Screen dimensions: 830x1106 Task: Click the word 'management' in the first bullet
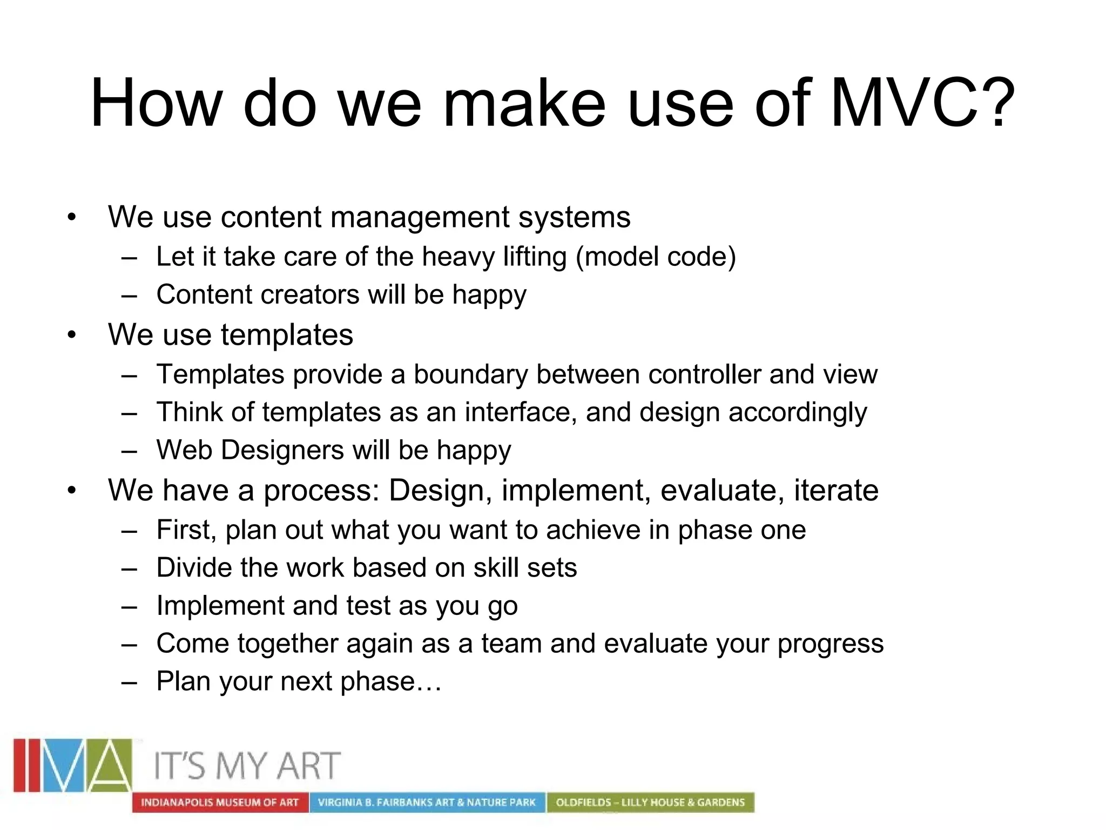coord(420,217)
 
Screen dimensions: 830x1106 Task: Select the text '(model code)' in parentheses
coord(656,257)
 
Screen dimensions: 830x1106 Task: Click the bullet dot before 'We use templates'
coord(72,336)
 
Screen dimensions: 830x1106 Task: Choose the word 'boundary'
coord(470,374)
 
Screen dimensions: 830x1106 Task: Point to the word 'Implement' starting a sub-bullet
coord(220,605)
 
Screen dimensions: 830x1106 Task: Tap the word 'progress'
coord(831,644)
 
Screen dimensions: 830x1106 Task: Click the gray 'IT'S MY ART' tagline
coord(247,766)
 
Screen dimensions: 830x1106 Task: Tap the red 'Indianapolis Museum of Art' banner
coord(220,802)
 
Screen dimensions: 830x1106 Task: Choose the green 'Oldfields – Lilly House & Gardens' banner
coord(650,802)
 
